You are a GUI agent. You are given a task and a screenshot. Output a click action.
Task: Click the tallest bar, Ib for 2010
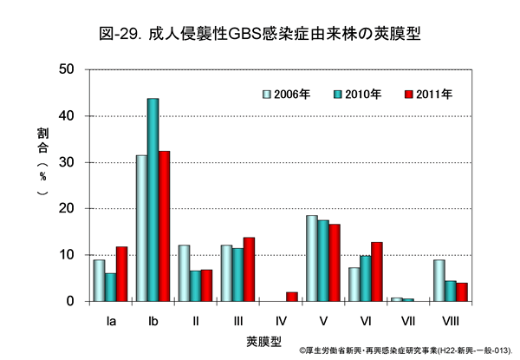tap(153, 200)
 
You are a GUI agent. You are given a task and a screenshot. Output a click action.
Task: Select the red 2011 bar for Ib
tap(164, 226)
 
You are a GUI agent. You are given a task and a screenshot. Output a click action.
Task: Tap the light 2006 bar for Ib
tap(141, 228)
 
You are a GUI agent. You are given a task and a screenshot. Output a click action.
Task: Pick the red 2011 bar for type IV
tap(292, 297)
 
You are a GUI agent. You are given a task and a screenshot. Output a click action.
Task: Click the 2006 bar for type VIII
tap(439, 280)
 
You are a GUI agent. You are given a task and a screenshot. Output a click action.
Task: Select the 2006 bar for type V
tap(312, 258)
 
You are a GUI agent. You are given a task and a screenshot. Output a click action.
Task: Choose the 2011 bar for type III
tap(249, 269)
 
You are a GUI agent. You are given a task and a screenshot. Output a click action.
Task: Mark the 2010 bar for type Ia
tap(110, 287)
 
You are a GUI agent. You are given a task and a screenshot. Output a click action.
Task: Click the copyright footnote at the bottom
tap(406, 351)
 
